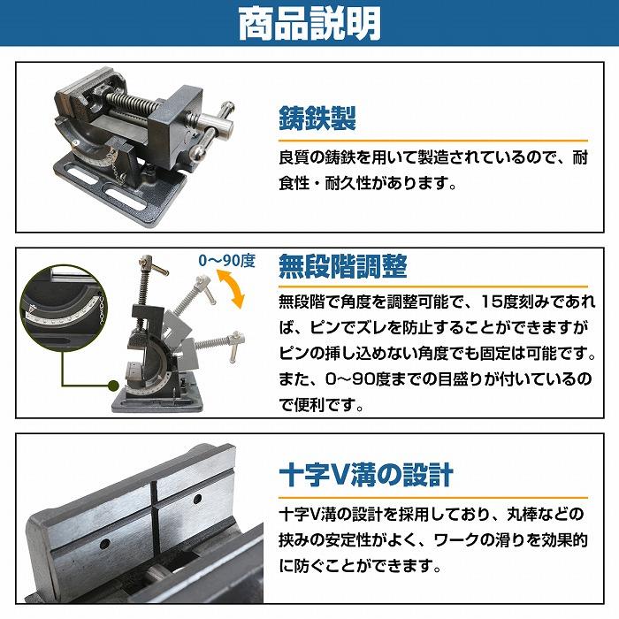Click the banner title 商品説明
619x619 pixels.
(309, 24)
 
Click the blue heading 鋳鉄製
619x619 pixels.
(317, 118)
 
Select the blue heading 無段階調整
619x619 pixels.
(343, 266)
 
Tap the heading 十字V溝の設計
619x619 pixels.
(366, 475)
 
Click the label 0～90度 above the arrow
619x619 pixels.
(227, 261)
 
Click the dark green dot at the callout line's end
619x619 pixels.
(113, 386)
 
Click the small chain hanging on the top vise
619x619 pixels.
(117, 166)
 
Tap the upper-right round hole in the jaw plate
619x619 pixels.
(197, 499)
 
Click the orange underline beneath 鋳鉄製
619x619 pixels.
(433, 141)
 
